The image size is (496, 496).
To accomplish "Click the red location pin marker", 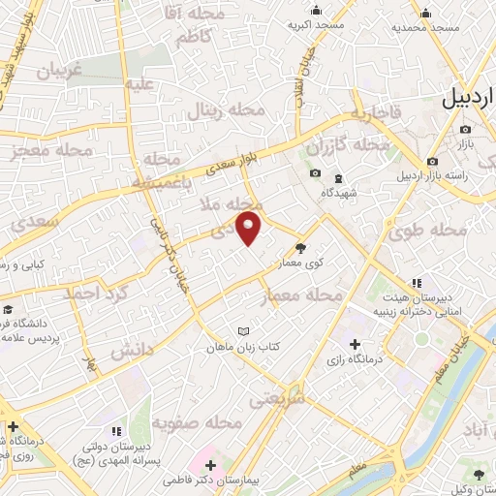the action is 249,227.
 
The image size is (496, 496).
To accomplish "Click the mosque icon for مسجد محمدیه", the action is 425,13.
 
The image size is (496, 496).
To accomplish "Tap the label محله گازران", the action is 348,146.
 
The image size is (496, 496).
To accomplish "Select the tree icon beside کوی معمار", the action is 300,247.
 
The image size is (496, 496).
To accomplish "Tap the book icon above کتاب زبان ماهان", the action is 242,330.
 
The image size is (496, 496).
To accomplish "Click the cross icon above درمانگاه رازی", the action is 355,344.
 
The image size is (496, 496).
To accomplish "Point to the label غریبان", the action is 64,71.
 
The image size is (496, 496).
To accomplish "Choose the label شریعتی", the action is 276,396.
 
